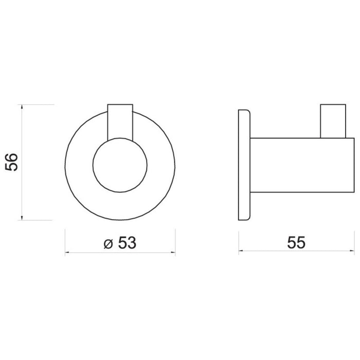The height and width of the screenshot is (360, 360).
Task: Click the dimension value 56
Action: pos(11,162)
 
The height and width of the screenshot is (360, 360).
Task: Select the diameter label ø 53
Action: pos(120,243)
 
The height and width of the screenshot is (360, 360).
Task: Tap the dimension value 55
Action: pos(296,242)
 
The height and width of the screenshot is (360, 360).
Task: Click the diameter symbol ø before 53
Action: pos(108,244)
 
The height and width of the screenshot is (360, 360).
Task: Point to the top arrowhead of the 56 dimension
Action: pos(22,106)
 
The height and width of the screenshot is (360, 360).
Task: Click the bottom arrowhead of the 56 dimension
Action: pos(22,218)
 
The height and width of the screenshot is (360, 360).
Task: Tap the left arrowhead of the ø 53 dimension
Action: pos(67,253)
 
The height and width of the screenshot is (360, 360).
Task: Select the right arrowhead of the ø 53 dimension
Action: pos(173,253)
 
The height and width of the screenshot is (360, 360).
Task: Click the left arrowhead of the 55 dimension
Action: pos(241,251)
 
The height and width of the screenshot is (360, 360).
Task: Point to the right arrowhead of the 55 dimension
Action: pos(352,251)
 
